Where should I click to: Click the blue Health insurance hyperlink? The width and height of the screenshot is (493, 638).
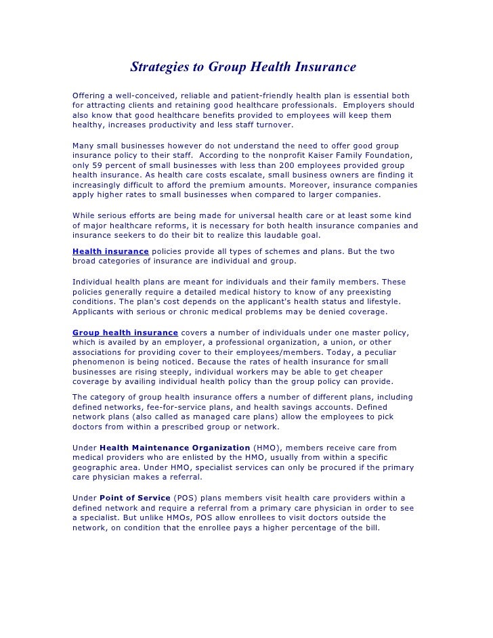pyautogui.click(x=110, y=251)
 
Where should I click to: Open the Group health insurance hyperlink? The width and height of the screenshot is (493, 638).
pyautogui.click(x=125, y=333)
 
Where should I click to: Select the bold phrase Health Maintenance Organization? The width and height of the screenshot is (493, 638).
pyautogui.click(x=175, y=448)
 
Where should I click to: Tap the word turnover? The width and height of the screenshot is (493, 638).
pyautogui.click(x=273, y=125)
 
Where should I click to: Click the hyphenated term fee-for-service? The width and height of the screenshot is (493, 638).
pyautogui.click(x=173, y=406)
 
